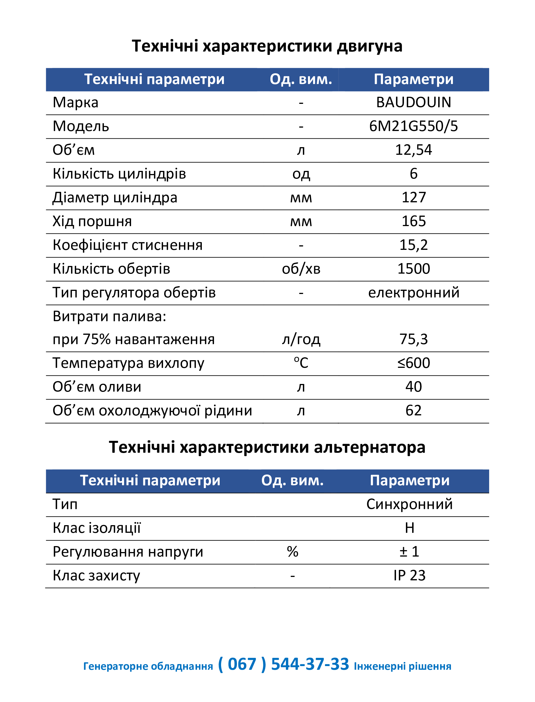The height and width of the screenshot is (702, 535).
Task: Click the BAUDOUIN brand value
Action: [x=413, y=102]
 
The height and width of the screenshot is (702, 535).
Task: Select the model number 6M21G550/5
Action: [x=413, y=126]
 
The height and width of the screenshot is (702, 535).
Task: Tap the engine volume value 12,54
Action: [x=413, y=150]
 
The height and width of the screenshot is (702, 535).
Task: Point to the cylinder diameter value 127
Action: [x=413, y=197]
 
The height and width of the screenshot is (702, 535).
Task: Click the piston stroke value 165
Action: [x=413, y=221]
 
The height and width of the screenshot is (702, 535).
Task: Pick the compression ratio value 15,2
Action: [x=413, y=245]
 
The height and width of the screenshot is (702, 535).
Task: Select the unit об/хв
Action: [x=301, y=269]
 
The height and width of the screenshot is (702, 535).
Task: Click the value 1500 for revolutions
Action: [x=413, y=269]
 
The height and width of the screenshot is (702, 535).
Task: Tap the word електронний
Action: [x=414, y=293]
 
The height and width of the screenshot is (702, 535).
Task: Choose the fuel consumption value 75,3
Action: [x=413, y=339]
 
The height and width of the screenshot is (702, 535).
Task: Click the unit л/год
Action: [x=301, y=339]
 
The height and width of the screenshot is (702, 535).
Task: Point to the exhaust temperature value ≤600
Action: [x=413, y=363]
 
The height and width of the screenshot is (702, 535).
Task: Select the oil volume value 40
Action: [x=413, y=387]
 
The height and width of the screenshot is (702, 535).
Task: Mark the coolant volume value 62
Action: [x=413, y=411]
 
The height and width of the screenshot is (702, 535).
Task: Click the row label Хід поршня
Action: [x=92, y=221]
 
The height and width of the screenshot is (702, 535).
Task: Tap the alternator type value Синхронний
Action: [x=409, y=504]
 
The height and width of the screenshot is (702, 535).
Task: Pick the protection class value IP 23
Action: [x=409, y=576]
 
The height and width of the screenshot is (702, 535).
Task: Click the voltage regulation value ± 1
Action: [x=409, y=552]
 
